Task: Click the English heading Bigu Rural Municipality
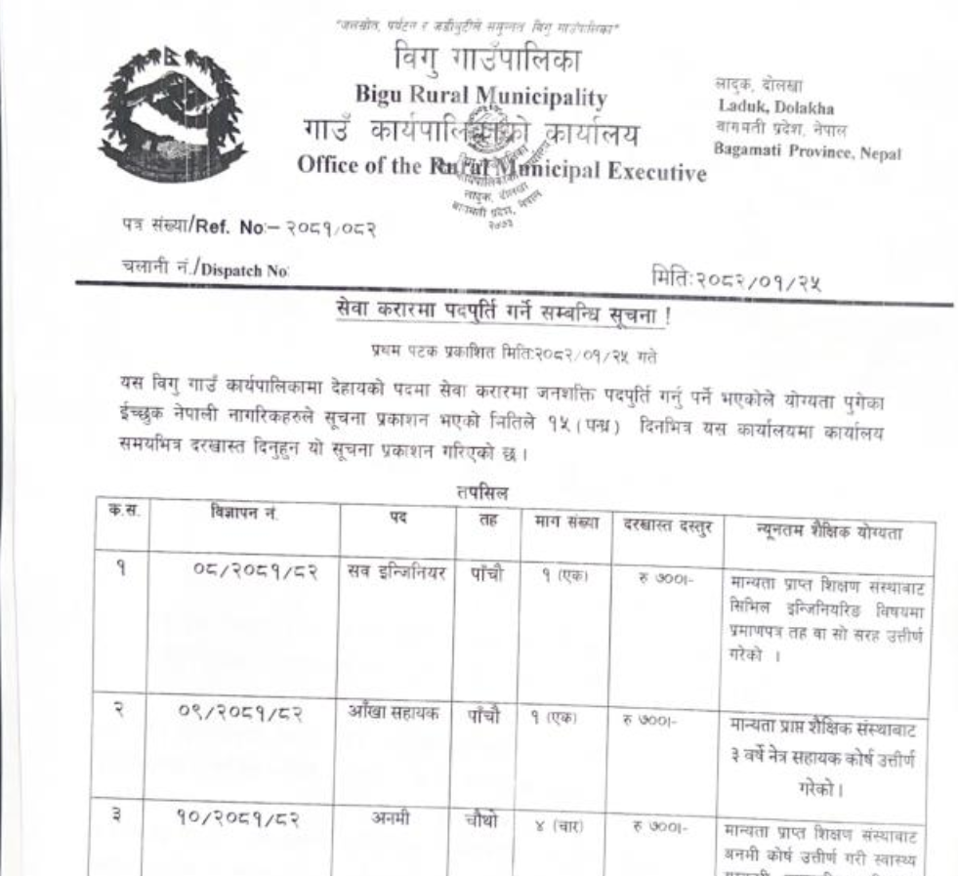[x=482, y=97]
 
